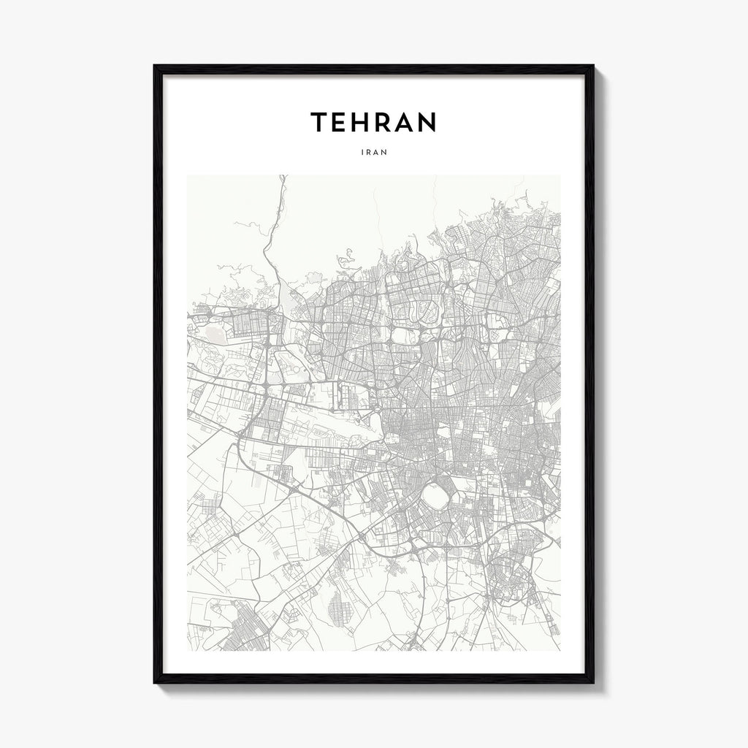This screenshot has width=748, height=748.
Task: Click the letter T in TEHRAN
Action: [x=318, y=123]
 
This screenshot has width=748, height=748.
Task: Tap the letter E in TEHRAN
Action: [x=341, y=123]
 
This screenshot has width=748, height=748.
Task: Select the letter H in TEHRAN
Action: [x=365, y=123]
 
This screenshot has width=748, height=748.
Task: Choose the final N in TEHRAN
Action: [x=428, y=123]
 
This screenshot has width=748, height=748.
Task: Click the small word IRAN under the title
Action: [x=373, y=153]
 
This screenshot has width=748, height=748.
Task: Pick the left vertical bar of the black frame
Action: [x=158, y=373]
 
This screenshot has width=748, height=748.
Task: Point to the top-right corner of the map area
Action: [x=560, y=176]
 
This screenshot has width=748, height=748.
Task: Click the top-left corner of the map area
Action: [x=188, y=176]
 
